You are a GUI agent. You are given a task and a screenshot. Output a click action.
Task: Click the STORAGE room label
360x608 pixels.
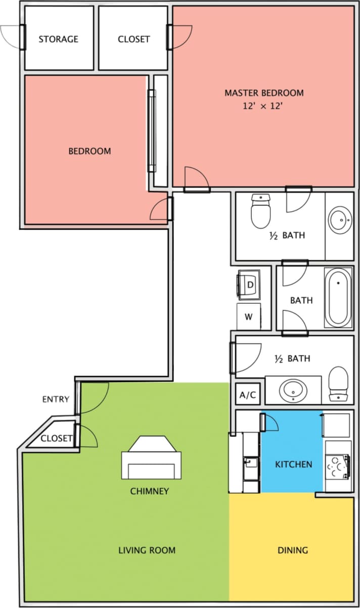click(59, 39)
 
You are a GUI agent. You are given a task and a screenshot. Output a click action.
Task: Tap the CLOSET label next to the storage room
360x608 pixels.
click(133, 39)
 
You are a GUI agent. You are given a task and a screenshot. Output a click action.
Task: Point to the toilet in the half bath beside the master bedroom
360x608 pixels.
click(261, 212)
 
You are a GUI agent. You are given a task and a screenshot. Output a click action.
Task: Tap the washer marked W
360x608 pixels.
click(249, 317)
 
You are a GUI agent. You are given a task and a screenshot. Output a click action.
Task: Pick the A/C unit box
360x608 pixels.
click(248, 395)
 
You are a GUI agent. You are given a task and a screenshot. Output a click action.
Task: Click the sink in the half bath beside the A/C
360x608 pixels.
click(294, 390)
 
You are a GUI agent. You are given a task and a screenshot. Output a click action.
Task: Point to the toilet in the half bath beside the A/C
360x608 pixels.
click(338, 384)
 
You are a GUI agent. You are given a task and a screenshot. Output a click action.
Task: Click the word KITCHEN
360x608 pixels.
click(293, 464)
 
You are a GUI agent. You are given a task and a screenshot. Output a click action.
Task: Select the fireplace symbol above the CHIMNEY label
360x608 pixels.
click(151, 458)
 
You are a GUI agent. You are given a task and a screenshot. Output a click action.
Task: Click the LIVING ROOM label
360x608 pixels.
click(147, 550)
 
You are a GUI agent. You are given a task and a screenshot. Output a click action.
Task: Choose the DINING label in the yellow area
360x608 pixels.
click(293, 550)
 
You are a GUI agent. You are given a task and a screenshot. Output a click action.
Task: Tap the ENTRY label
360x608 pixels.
click(56, 399)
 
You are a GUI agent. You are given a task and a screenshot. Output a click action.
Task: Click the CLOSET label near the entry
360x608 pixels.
click(56, 438)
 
